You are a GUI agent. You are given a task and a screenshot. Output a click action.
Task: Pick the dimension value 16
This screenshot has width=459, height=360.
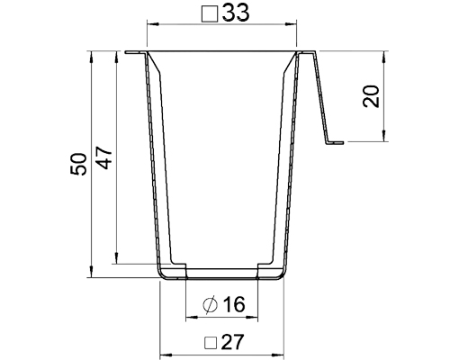[232, 305]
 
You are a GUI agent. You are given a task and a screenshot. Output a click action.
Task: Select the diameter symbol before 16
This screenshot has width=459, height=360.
[209, 305]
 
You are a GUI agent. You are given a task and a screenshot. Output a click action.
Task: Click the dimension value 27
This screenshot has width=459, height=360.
[232, 343]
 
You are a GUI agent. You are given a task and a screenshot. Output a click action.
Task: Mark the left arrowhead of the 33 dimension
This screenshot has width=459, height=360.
[150, 23]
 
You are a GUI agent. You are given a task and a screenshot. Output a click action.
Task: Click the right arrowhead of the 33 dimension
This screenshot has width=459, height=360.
[293, 23]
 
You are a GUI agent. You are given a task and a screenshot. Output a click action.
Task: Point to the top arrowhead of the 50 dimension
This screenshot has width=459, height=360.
[92, 54]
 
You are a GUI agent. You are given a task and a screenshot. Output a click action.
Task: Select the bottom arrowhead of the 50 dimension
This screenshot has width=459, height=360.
[92, 274]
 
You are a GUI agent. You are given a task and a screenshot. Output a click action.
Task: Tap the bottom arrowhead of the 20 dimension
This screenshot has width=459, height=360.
[384, 139]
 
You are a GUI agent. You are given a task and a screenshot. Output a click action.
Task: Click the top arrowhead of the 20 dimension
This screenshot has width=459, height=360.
[384, 54]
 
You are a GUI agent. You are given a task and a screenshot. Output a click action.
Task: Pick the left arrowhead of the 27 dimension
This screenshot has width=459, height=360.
[162, 355]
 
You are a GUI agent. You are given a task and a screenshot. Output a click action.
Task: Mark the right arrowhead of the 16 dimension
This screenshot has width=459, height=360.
[255, 317]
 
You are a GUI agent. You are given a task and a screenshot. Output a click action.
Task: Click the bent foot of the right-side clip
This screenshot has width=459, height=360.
[335, 141]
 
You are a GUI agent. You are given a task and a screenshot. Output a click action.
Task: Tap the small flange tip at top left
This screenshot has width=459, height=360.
[131, 52]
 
